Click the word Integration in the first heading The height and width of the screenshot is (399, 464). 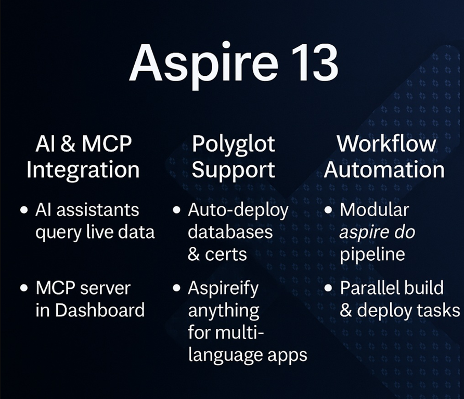83,170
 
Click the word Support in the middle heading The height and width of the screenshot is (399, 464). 233,170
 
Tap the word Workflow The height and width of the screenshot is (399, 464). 386,144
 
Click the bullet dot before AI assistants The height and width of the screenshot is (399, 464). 24,210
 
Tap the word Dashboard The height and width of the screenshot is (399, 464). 99,310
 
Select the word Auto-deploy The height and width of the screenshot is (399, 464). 238,210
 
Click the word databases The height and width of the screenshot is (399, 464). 230,232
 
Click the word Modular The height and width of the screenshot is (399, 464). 374,210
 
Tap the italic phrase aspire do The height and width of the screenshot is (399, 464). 377,232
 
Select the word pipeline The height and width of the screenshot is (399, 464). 372,255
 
